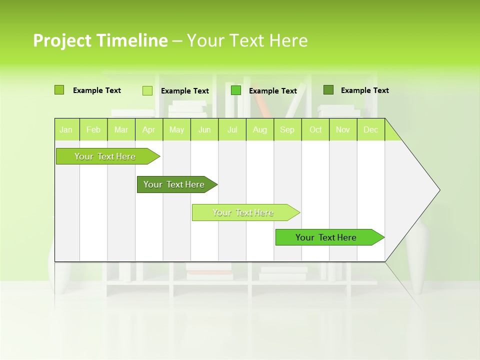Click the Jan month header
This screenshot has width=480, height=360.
click(x=66, y=129)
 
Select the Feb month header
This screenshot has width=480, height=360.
click(x=93, y=129)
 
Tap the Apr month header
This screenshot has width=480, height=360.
click(x=148, y=129)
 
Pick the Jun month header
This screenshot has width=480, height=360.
click(x=204, y=129)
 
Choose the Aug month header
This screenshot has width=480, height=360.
click(x=259, y=129)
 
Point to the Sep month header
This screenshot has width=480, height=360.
click(x=287, y=129)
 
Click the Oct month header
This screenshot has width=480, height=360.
click(x=315, y=129)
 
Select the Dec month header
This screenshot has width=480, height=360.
click(x=370, y=129)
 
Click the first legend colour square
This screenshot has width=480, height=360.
click(x=59, y=90)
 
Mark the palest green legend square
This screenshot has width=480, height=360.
click(x=147, y=90)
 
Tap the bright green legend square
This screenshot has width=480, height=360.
click(x=236, y=90)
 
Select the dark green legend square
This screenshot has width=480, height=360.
click(x=328, y=90)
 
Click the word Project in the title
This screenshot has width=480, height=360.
click(x=62, y=40)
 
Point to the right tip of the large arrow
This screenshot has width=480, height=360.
click(x=439, y=190)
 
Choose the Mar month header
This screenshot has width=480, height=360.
click(x=121, y=129)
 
